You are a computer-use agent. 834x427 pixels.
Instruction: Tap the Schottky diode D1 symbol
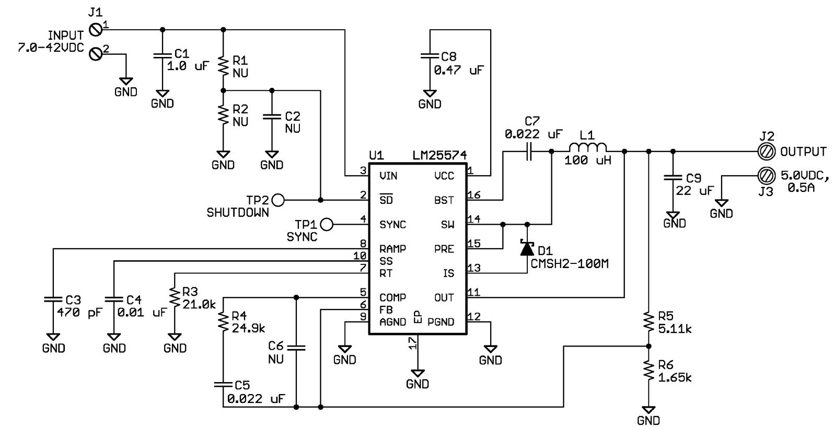click(527, 248)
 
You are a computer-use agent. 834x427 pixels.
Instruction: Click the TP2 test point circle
click(278, 200)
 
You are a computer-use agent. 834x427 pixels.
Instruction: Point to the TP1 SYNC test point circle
click(327, 224)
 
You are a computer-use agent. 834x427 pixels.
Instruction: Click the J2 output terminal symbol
click(766, 152)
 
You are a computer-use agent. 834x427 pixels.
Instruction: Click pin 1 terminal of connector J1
click(95, 29)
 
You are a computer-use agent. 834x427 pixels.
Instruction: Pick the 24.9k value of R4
click(248, 329)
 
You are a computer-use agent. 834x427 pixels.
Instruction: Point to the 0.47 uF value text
click(459, 70)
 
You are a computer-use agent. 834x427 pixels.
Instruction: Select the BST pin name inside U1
click(444, 200)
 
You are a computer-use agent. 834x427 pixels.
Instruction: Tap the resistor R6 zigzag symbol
click(648, 371)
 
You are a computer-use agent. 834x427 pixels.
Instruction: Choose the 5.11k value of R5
click(675, 329)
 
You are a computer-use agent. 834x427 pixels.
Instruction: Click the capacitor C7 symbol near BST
click(529, 152)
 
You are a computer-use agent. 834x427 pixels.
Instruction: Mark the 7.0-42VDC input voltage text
click(51, 48)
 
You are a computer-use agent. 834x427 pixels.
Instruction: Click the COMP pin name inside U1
click(392, 297)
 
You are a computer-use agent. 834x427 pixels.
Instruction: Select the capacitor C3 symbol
click(53, 299)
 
